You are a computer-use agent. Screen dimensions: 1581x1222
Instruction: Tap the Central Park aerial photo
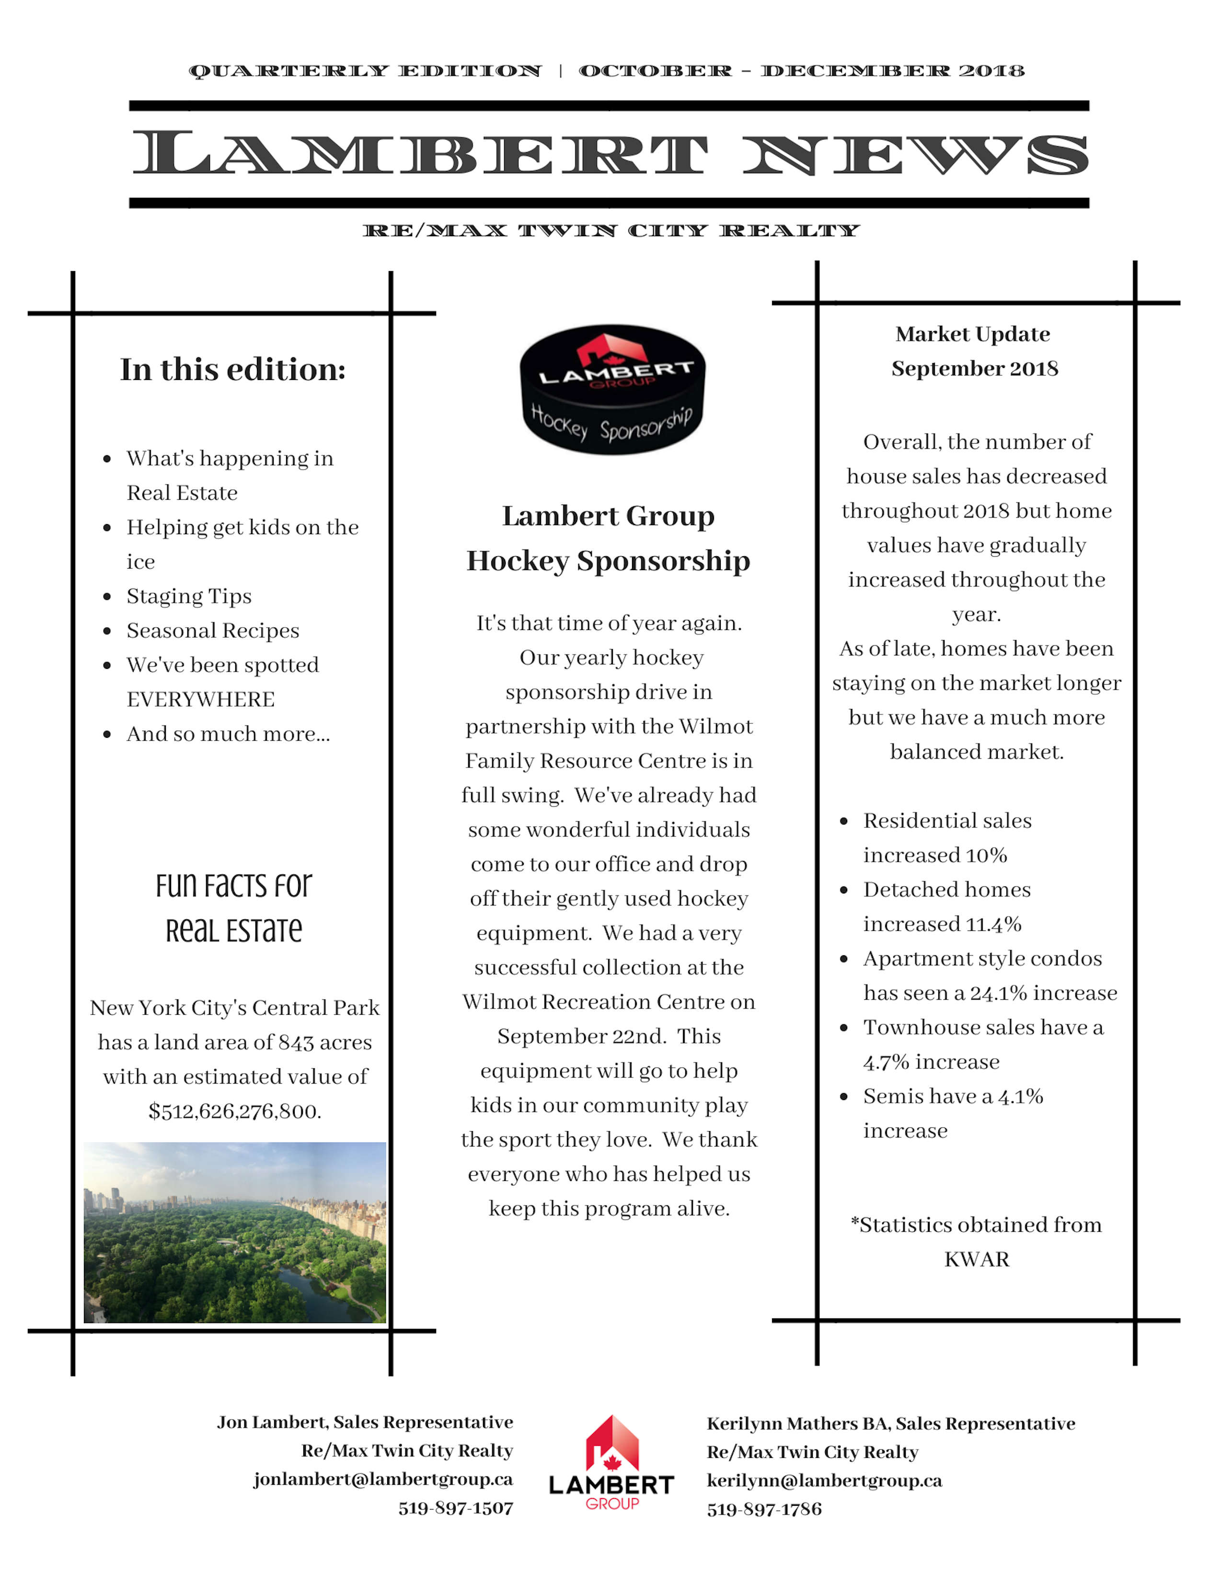pos(234,1232)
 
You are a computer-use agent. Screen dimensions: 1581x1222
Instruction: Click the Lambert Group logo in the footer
pos(612,1462)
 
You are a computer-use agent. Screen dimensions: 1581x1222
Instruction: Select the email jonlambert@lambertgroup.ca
pos(383,1479)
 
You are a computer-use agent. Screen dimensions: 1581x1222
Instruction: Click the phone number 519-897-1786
pos(764,1509)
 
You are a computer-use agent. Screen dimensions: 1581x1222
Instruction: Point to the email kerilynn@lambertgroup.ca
pos(825,1480)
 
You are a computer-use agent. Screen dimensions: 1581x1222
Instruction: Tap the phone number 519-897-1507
pos(455,1509)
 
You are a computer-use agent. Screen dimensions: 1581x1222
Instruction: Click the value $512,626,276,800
pos(234,1111)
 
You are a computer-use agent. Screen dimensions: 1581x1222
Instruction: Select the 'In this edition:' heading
pos(232,369)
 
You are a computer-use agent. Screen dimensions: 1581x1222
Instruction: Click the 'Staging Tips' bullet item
pos(189,596)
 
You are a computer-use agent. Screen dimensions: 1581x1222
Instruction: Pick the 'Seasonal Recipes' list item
pos(213,630)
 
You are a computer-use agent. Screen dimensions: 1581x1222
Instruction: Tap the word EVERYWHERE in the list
pos(200,699)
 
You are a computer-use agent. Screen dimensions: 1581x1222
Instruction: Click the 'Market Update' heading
pos(972,334)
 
